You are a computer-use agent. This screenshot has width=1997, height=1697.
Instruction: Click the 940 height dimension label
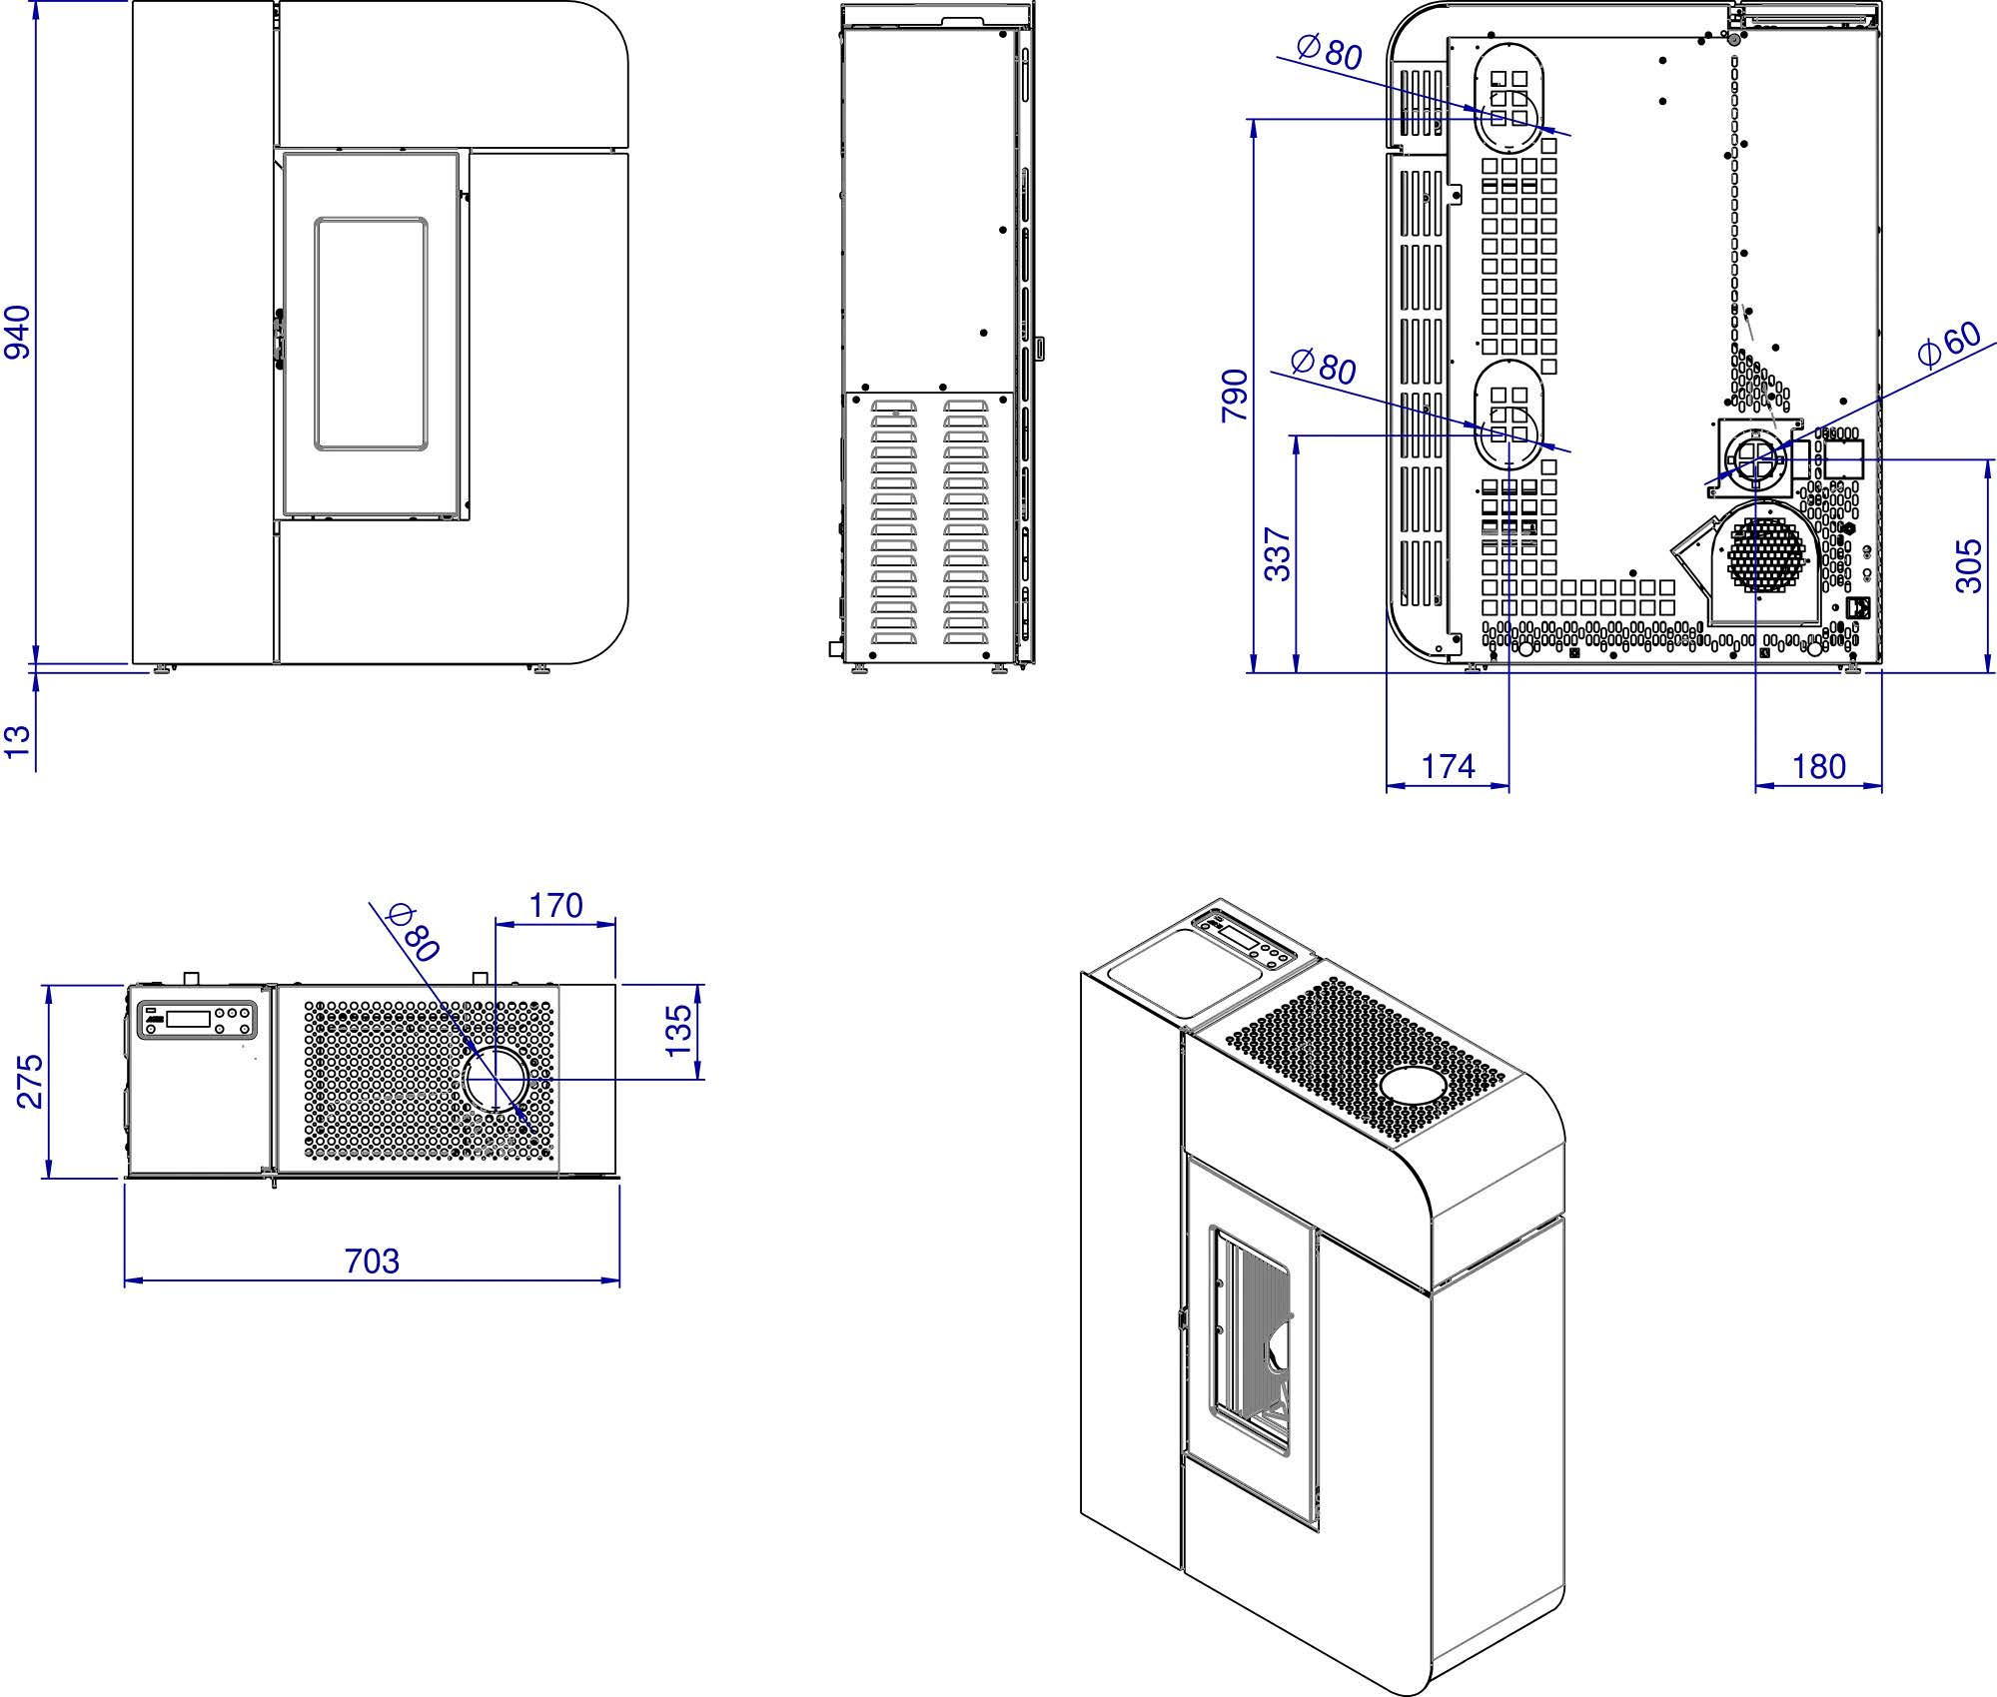(18, 332)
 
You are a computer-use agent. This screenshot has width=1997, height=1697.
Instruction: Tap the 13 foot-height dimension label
(18, 741)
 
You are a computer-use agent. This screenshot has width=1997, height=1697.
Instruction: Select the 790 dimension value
(1236, 396)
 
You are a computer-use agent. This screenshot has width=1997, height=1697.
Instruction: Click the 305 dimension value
(1968, 565)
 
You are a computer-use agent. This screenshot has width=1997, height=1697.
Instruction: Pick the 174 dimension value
(1449, 766)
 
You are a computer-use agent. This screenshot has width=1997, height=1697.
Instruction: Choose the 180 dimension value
(1818, 766)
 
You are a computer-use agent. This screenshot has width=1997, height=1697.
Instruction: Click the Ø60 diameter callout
(1949, 344)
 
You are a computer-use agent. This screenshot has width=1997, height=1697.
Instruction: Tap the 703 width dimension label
(372, 1261)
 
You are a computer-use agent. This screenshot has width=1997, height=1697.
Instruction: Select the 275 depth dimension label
(30, 1081)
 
